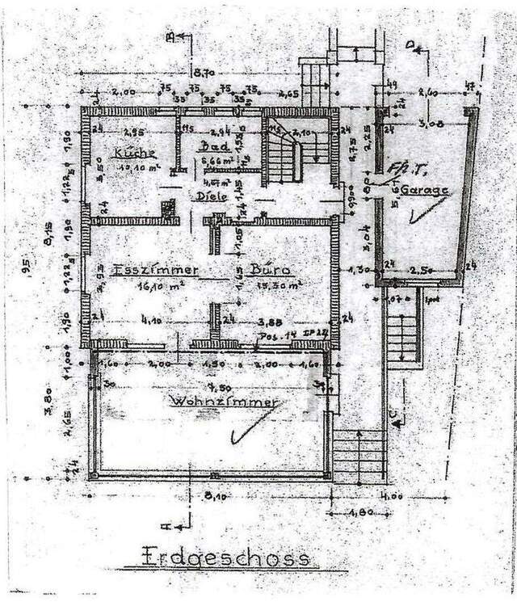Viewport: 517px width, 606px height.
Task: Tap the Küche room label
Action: [134, 153]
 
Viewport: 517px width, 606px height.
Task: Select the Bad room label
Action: [212, 148]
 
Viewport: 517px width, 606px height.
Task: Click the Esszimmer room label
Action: [143, 270]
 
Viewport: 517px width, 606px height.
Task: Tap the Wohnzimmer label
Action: [222, 402]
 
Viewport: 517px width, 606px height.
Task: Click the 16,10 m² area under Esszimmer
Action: [144, 285]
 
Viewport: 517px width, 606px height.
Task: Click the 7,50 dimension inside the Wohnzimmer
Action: [213, 385]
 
